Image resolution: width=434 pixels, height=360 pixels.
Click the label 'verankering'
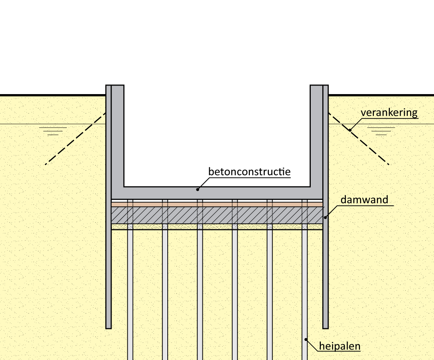[x=389, y=112]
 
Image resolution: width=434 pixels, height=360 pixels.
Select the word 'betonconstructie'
[x=249, y=172]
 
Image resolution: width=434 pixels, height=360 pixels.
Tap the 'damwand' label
[x=364, y=200]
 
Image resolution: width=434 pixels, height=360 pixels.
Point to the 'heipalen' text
[x=340, y=346]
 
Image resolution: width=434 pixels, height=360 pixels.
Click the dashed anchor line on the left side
[x=75, y=139]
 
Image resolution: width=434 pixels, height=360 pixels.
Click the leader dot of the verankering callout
[x=350, y=130]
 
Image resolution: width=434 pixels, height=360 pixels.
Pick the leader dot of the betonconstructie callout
[x=198, y=189]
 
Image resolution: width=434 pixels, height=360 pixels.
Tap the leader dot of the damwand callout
[x=325, y=217]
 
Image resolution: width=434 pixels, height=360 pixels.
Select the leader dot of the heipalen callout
[x=306, y=339]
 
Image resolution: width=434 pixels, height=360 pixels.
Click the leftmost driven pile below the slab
[x=130, y=291]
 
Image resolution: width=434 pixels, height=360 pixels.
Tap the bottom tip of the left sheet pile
[x=108, y=327]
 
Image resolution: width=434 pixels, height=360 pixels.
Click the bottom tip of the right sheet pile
[x=325, y=327]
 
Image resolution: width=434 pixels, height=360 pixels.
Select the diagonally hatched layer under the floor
[x=217, y=215]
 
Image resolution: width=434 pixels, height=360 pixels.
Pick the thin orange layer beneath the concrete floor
[x=217, y=204]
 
